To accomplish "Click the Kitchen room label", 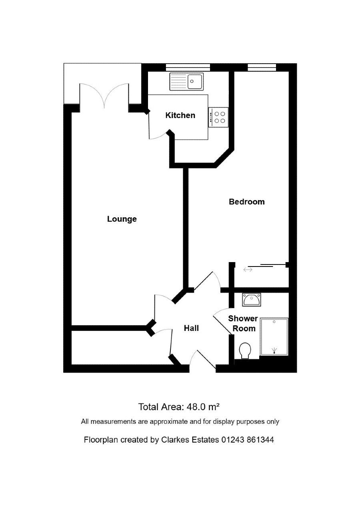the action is (180, 115).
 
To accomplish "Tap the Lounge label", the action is (122, 219).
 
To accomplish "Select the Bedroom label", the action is (247, 202).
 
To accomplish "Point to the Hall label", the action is (191, 328).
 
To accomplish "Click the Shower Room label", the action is (243, 323).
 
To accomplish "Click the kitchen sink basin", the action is (195, 82).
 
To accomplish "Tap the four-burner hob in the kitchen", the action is (218, 117).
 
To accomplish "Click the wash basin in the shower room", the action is (252, 300).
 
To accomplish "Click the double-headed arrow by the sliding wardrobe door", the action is (248, 270).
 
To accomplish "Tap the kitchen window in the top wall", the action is (188, 67).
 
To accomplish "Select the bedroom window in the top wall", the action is (262, 67).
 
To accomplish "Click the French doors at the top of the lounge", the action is (104, 96).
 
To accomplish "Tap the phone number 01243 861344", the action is (248, 440).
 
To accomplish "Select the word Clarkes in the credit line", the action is (176, 440).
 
